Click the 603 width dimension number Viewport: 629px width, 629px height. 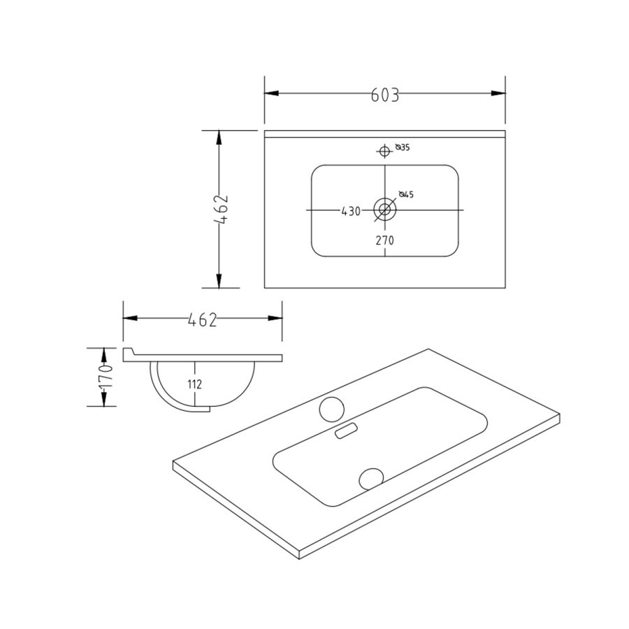coord(385,95)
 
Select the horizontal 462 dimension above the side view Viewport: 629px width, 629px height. coord(203,319)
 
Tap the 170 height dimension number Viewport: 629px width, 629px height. coord(106,377)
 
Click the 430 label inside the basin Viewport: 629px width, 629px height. coord(351,211)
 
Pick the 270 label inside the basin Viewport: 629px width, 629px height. coord(385,240)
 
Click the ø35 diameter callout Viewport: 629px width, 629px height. coord(402,147)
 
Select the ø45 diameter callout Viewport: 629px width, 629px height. coord(407,194)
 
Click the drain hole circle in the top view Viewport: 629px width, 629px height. coord(384,208)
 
